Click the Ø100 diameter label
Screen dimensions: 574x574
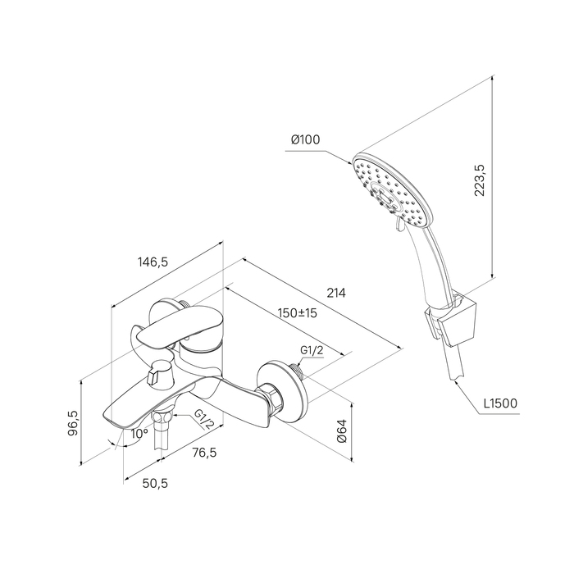pos(305,139)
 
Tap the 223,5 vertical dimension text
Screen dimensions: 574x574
pos(480,180)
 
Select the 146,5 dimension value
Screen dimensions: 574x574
pos(153,262)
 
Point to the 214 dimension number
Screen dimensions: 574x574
pos(336,293)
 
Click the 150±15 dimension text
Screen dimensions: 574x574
pos(297,313)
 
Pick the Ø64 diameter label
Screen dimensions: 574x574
pos(341,430)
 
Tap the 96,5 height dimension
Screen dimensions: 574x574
pos(73,423)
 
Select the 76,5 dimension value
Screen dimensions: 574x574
pos(205,453)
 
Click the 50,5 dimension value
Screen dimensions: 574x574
pos(155,483)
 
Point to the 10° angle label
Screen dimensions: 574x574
pos(139,434)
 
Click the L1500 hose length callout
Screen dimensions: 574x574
pos(500,403)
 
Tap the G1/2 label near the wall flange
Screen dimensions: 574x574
pos(312,350)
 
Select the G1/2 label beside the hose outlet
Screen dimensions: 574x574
pos(203,418)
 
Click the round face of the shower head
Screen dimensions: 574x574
pos(393,190)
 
